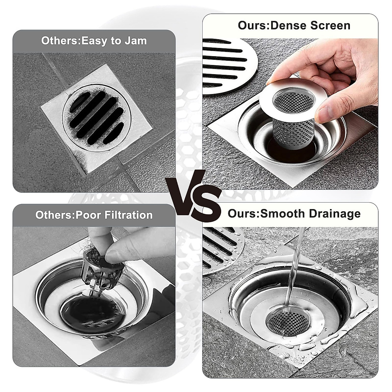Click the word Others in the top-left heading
pos(60,41)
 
